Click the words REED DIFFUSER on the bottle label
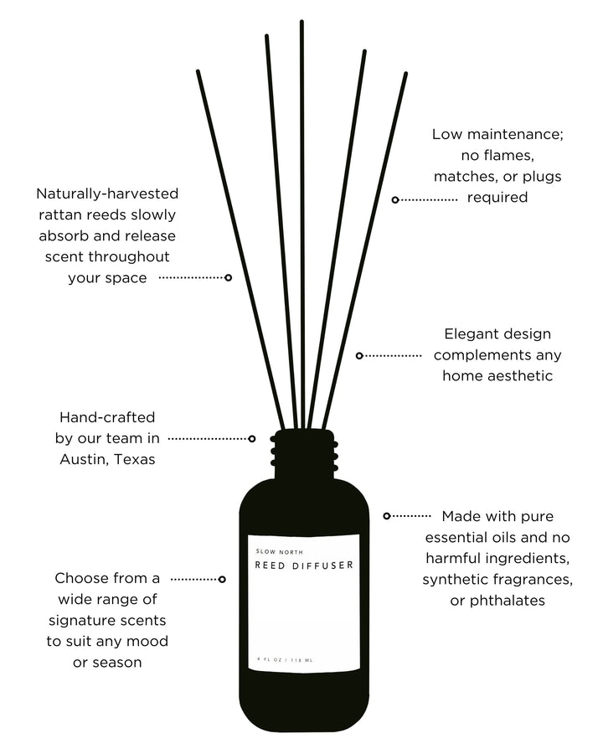[x=303, y=565]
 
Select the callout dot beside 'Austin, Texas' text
[x=252, y=438]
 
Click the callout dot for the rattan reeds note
[x=228, y=276]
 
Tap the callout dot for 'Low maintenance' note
[x=395, y=199]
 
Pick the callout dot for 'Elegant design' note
[x=359, y=355]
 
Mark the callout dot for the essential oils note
[x=386, y=516]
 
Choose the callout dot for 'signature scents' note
[x=222, y=579]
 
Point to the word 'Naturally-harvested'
[x=106, y=194]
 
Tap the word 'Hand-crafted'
[x=107, y=416]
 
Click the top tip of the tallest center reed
[x=301, y=23]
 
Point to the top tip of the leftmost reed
[x=198, y=72]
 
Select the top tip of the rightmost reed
[x=405, y=75]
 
